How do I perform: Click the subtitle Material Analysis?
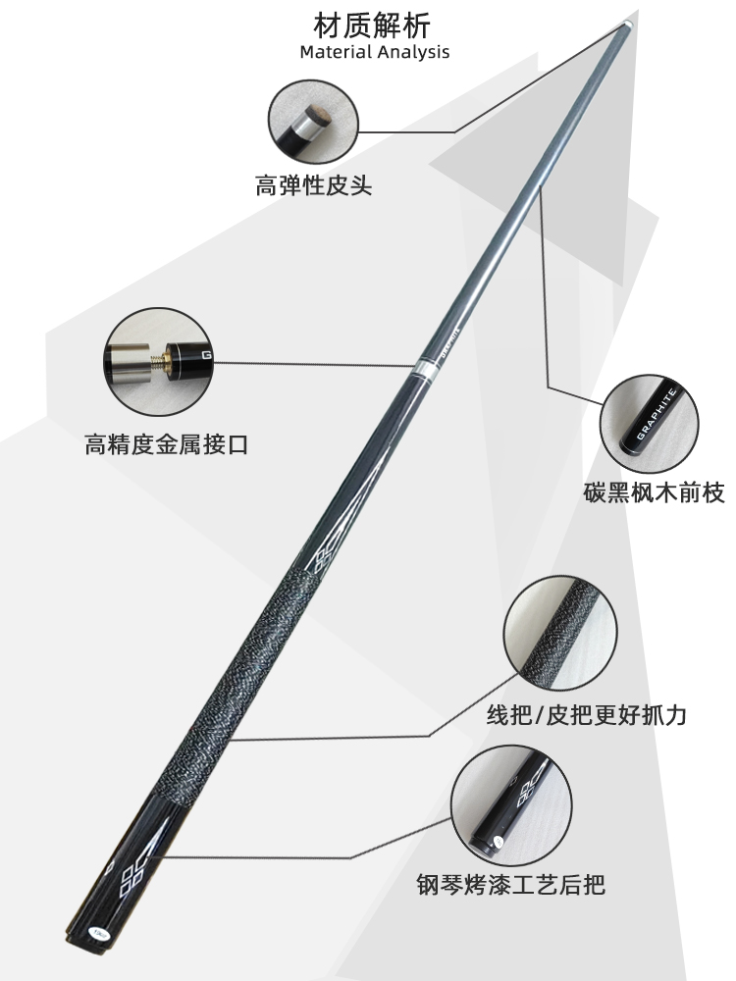pyautogui.click(x=374, y=51)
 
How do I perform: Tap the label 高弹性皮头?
pyautogui.click(x=314, y=184)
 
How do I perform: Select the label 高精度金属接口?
pyautogui.click(x=166, y=445)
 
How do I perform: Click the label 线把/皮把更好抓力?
pyautogui.click(x=587, y=714)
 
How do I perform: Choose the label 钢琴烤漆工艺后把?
pyautogui.click(x=510, y=886)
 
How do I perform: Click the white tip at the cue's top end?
pyautogui.click(x=625, y=22)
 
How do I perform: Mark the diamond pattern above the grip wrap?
pyautogui.click(x=323, y=560)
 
